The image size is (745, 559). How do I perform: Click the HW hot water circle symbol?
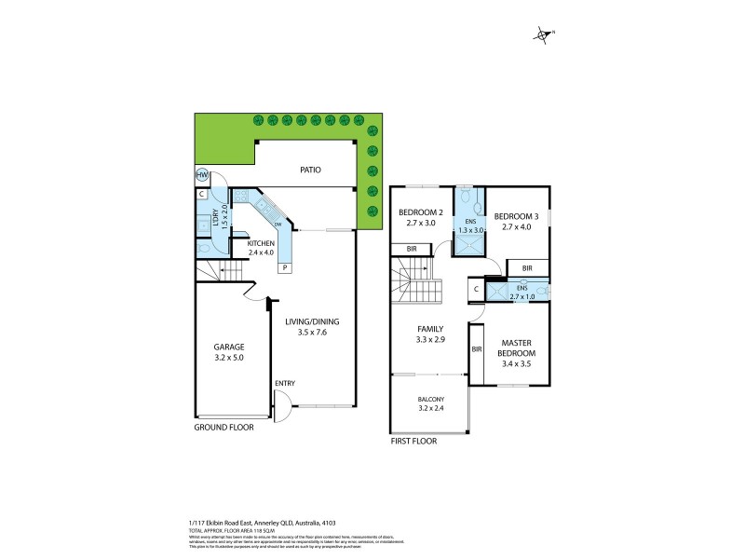click(x=201, y=175)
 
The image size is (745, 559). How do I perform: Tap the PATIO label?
click(x=310, y=170)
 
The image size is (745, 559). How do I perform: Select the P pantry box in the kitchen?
click(x=285, y=268)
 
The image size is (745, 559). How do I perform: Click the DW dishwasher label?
click(x=277, y=224)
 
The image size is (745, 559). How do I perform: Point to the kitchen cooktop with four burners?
click(x=240, y=197)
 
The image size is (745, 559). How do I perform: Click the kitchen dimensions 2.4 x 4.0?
click(x=236, y=252)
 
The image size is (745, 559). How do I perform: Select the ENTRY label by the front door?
click(x=285, y=384)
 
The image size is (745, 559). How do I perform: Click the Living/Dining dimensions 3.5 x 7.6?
click(x=312, y=333)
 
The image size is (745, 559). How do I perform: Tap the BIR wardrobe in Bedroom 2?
click(x=411, y=249)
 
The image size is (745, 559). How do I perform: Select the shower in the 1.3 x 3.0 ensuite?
click(x=467, y=244)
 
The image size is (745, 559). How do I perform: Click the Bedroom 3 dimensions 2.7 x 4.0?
click(x=519, y=225)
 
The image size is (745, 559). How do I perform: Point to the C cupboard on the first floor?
click(x=475, y=289)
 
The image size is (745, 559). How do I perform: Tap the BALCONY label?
click(x=430, y=400)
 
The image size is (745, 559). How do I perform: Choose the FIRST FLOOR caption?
click(x=413, y=442)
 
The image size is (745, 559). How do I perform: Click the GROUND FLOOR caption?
click(x=223, y=428)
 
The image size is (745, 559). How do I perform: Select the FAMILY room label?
click(x=429, y=329)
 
